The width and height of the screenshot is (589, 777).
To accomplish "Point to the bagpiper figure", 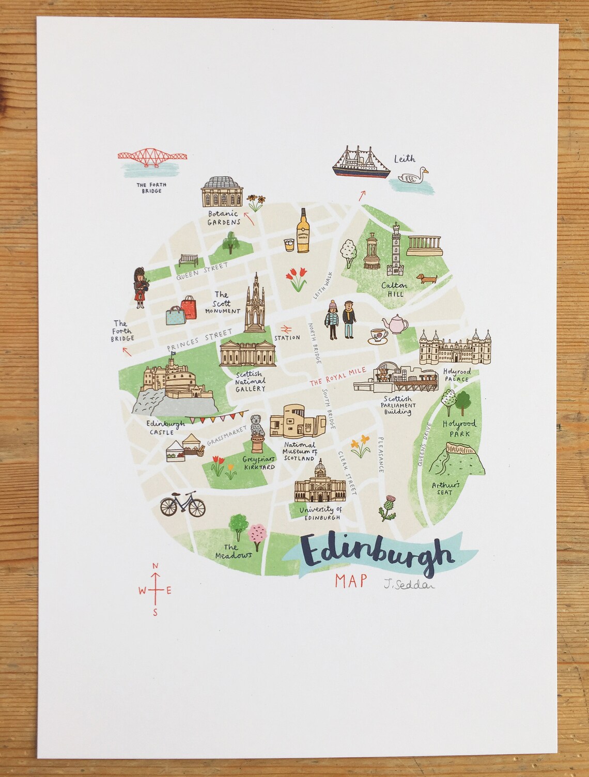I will click(x=141, y=287).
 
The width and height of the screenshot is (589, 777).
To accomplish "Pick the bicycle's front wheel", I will click(x=196, y=507).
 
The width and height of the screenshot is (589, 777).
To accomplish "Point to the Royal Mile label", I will click(x=338, y=377).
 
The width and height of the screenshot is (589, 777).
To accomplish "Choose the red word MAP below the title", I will click(x=350, y=581).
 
